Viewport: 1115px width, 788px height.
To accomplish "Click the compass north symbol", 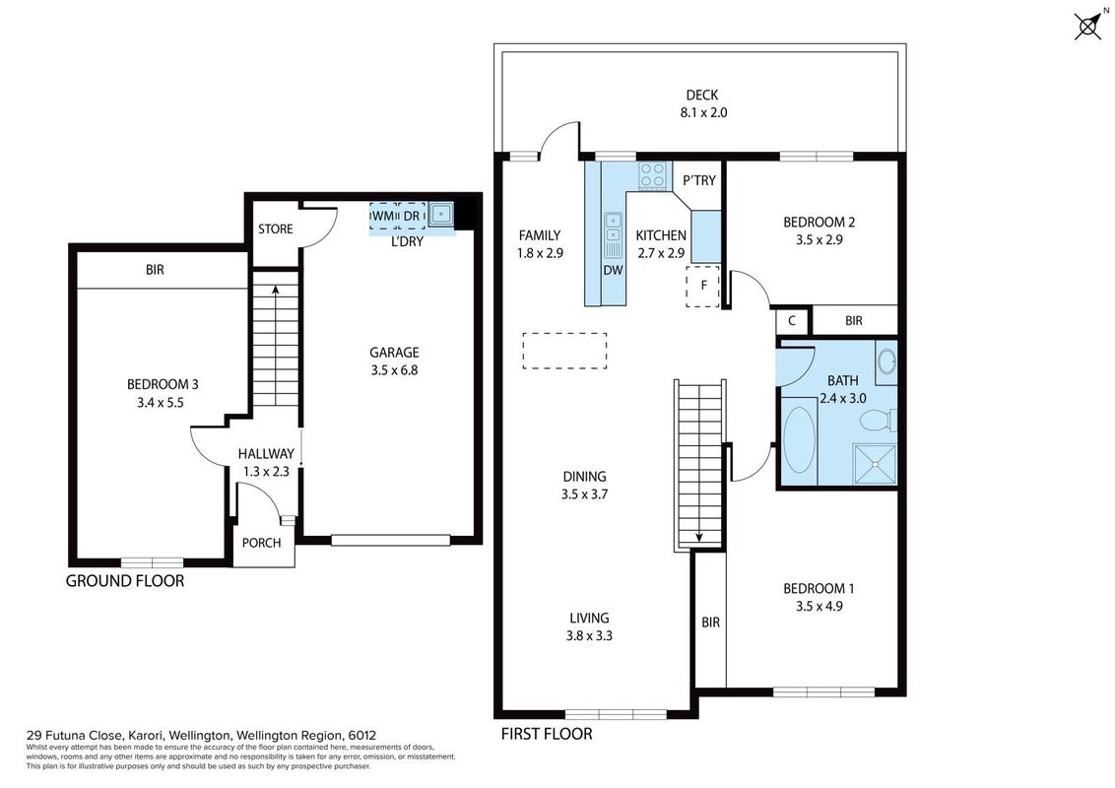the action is click(x=1088, y=27).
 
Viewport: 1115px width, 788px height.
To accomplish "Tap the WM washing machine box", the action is click(x=382, y=216).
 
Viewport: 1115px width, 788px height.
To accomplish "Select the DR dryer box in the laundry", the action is click(x=412, y=216).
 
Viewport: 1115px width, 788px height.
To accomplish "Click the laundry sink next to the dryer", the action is click(x=441, y=214).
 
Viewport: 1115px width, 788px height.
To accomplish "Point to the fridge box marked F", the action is click(x=703, y=286).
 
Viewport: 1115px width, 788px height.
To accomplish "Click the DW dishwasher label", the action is click(x=613, y=270).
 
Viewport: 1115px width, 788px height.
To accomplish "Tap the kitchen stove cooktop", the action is click(x=653, y=175).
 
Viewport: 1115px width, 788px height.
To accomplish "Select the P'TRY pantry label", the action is click(x=699, y=180).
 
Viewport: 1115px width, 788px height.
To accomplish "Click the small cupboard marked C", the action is click(x=792, y=321).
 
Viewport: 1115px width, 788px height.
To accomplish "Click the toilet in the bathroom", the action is click(x=879, y=421).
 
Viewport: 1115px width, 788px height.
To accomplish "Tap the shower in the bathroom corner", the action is click(x=876, y=464).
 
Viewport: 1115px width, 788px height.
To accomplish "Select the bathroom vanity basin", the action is click(x=886, y=362).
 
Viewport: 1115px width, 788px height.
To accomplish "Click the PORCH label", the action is click(x=262, y=543).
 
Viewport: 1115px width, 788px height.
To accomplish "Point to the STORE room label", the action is click(x=275, y=229).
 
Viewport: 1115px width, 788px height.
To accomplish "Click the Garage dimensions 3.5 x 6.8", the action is click(x=394, y=369).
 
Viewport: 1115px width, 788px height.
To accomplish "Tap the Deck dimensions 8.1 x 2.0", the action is click(x=703, y=112).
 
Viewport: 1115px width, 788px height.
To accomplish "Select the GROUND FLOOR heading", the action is click(x=125, y=581).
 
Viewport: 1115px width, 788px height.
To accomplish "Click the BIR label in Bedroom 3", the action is click(x=155, y=270).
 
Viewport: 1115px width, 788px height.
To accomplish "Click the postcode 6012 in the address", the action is click(x=361, y=736).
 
